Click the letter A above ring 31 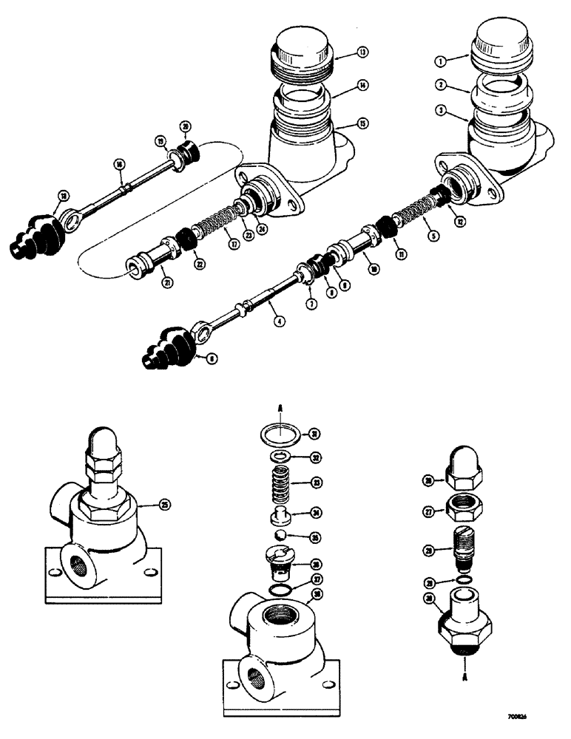[276, 408]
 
